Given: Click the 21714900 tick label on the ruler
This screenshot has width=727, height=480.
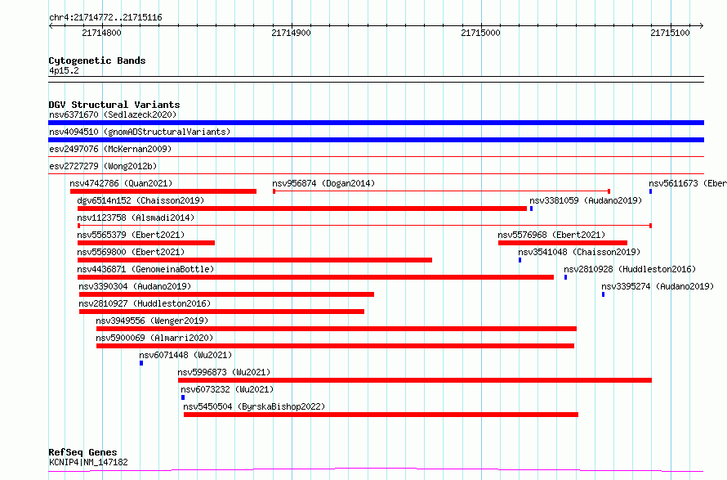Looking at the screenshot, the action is [291, 33].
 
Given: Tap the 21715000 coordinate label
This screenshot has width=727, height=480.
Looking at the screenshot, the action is [481, 33].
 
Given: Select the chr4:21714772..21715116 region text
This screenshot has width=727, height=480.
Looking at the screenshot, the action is [105, 18].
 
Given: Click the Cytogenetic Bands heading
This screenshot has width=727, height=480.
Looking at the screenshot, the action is [97, 61].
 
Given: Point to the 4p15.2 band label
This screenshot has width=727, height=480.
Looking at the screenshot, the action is [64, 70].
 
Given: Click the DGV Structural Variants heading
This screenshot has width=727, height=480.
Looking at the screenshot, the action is [114, 105].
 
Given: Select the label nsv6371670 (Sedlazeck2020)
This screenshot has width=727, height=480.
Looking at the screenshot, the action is [113, 114].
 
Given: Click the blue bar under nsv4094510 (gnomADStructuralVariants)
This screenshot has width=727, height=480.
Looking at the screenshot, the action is [376, 140].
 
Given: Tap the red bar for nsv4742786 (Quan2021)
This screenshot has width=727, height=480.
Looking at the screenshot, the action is [163, 191].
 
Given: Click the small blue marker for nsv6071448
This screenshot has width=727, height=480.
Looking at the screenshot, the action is [141, 363].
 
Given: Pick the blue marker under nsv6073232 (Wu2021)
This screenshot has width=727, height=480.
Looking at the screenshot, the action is [183, 397].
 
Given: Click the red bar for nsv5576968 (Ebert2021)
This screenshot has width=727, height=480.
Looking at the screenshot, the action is [563, 243].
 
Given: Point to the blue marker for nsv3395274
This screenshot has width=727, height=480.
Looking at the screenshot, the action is [603, 294].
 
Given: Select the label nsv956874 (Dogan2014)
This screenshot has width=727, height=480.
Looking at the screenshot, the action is [323, 183].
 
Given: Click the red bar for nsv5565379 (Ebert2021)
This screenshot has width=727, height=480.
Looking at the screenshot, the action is [146, 243].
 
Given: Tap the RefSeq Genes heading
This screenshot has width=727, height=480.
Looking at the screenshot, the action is [83, 452].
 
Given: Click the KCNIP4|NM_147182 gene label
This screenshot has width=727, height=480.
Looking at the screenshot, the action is [88, 462].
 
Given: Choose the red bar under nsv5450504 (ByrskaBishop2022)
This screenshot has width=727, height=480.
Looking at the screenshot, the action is [381, 415].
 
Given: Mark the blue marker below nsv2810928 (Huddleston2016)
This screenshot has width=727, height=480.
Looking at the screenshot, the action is [565, 277].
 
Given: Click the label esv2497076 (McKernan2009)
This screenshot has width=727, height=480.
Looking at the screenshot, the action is [110, 149].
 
